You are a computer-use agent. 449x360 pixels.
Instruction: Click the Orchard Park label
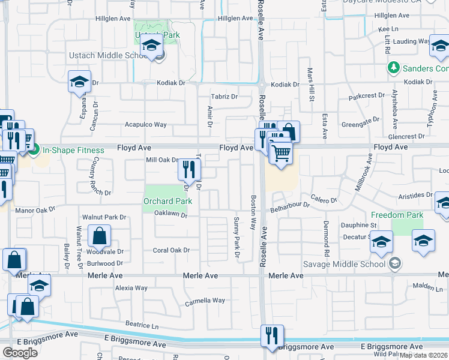(167, 201)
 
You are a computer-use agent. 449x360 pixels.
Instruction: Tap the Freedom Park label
(397, 215)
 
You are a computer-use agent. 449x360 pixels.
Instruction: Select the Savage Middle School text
(353, 263)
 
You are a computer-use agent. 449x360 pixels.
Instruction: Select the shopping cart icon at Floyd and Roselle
(280, 153)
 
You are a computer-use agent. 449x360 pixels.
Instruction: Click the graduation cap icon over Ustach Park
(152, 46)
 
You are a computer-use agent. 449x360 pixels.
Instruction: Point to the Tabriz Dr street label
(224, 97)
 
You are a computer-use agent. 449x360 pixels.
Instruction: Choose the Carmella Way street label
(205, 300)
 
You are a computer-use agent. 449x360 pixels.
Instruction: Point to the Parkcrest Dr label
(366, 96)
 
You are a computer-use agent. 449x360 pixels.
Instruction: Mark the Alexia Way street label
(131, 288)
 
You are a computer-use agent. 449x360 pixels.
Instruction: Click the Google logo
(20, 353)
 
